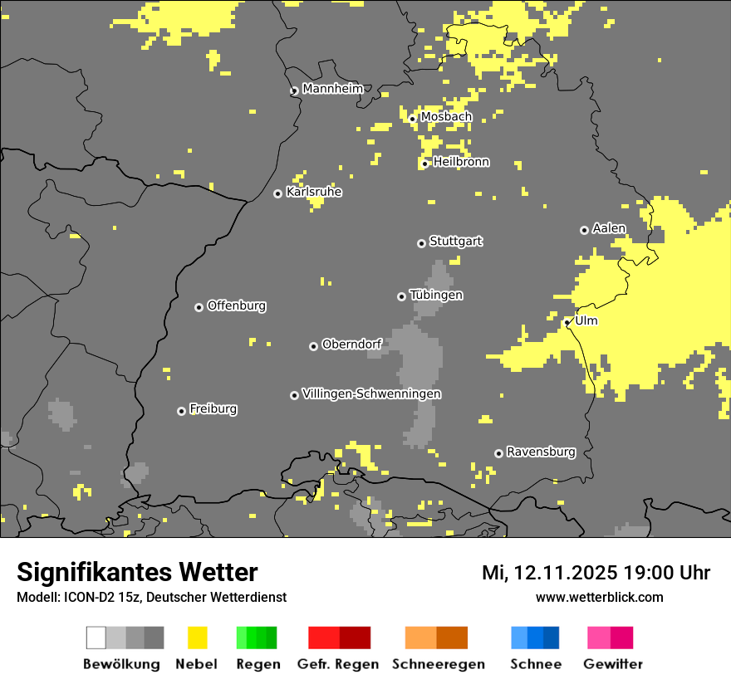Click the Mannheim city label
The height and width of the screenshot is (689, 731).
pos(332,89)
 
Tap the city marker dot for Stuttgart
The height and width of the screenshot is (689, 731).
pos(421,243)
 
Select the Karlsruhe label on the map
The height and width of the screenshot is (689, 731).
pos(313,192)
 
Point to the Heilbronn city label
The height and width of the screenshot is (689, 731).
pos(461,162)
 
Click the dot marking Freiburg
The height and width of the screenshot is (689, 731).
pos(181,411)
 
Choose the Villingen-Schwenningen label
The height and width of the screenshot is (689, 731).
pos(371,393)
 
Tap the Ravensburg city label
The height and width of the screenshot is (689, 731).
pos(541,452)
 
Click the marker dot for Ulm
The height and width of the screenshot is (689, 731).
pos(567,322)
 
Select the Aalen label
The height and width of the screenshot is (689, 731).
pos(609,228)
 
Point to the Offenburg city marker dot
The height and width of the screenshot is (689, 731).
pos(199,307)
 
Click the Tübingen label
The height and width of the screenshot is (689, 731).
pos(435,295)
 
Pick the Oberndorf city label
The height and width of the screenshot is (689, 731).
pos(351,344)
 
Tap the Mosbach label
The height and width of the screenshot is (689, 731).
pos(445,117)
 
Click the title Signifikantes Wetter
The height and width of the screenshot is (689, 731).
pos(137,572)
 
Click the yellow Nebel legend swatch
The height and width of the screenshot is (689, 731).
pos(197,638)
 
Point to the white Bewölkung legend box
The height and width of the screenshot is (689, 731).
pos(96,638)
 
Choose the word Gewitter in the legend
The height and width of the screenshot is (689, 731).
pos(612,664)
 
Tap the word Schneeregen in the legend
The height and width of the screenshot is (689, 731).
pos(438,664)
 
